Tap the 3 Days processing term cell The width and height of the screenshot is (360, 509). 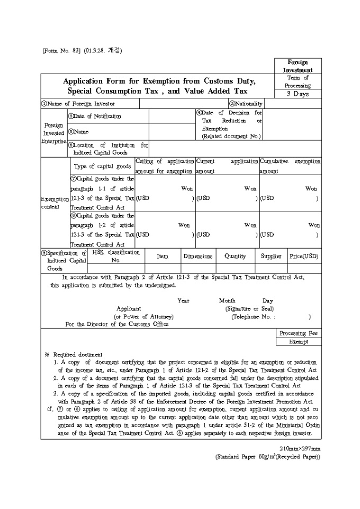point(297,94)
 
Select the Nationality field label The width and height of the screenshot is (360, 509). point(246,104)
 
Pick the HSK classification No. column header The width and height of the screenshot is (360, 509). point(116,256)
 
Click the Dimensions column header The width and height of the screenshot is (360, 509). point(198,256)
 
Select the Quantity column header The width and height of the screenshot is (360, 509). point(235,256)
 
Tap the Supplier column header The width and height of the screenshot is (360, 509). point(271,256)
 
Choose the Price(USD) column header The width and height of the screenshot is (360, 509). point(304,256)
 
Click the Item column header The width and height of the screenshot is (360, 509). point(163,256)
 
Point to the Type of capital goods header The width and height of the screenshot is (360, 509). point(103,166)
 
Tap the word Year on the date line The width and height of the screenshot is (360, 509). point(183,301)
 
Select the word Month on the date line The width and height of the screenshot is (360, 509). point(227,301)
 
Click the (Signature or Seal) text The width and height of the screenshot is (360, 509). point(249,308)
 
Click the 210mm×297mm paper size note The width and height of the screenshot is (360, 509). point(300,449)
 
